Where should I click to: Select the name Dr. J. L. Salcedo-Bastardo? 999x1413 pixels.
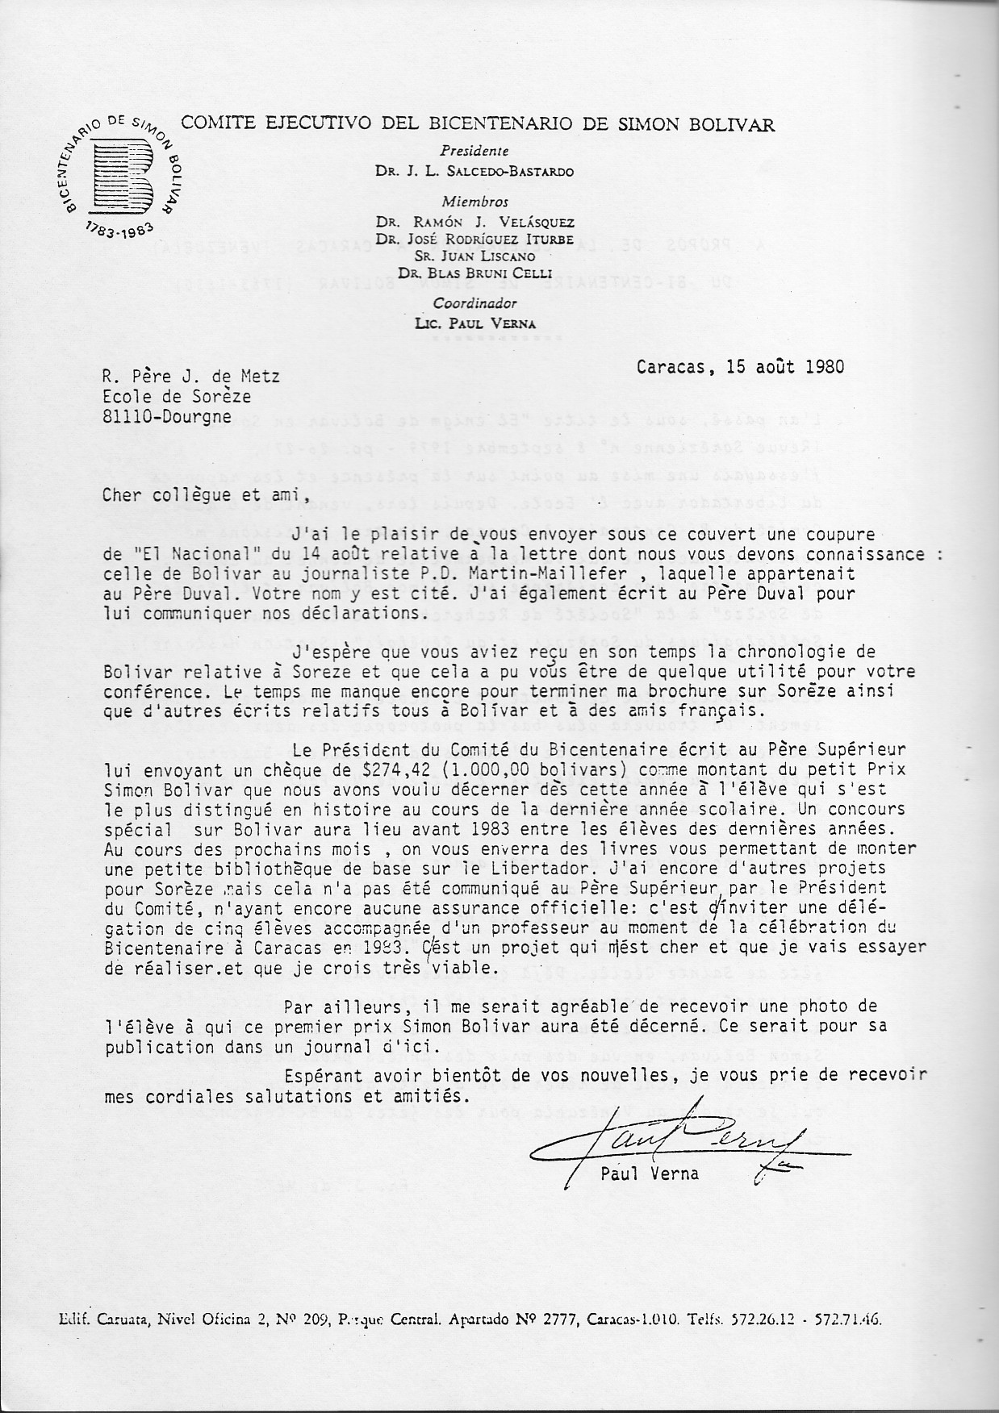pyautogui.click(x=474, y=171)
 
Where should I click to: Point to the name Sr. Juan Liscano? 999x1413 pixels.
pyautogui.click(x=474, y=256)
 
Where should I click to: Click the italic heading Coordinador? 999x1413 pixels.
pyautogui.click(x=474, y=303)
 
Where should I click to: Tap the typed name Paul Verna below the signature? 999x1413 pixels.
pyautogui.click(x=650, y=1173)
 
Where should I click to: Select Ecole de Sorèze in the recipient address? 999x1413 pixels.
pyautogui.click(x=176, y=396)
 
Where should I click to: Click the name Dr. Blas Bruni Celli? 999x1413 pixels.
pyautogui.click(x=474, y=272)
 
